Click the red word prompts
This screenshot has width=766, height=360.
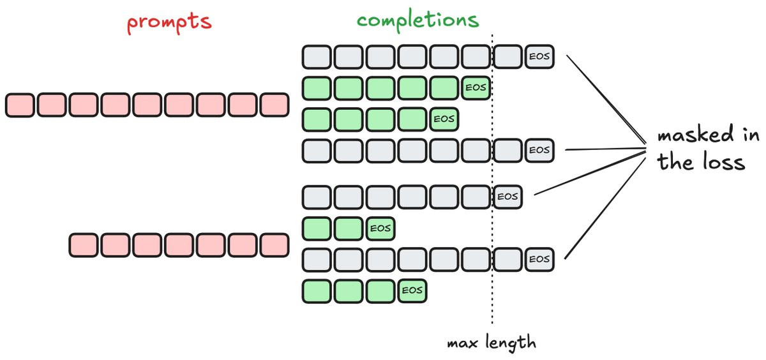point(169,22)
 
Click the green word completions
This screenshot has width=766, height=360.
point(417,20)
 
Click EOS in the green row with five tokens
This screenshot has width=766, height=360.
point(476,88)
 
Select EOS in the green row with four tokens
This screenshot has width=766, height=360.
point(444,119)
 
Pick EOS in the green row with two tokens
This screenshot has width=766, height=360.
point(380,228)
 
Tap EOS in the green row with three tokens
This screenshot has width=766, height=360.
point(412,290)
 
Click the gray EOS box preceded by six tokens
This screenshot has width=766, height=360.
point(507,197)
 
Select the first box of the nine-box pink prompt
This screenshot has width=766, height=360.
point(20,105)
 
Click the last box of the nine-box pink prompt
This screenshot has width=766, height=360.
point(275,105)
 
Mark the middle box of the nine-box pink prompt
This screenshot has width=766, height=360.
point(147,105)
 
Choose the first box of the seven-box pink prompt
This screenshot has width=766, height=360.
point(84,245)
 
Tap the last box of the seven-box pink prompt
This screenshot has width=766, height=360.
point(275,245)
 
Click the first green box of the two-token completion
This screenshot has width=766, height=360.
point(316,228)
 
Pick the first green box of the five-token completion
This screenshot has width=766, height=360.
point(316,88)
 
